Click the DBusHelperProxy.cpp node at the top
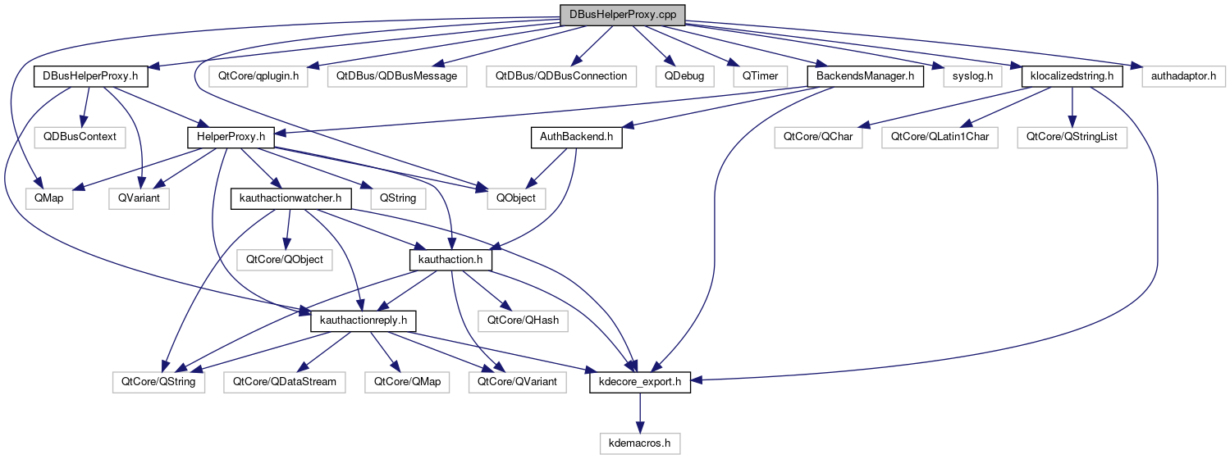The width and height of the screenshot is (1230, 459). point(621,16)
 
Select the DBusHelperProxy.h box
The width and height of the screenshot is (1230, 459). point(90,76)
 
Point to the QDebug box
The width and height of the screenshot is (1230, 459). point(684,76)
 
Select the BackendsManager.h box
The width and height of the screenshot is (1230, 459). point(865,76)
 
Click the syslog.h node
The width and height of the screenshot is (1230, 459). point(972,76)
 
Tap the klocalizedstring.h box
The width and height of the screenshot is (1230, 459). point(1071,76)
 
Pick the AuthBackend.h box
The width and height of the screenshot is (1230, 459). point(576,137)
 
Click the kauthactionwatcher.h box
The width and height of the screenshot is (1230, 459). point(291,198)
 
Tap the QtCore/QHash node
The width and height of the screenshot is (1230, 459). point(524,320)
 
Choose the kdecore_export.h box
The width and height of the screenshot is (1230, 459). point(640,382)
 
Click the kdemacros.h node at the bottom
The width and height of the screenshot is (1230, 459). point(639,443)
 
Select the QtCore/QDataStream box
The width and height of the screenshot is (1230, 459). point(285,382)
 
